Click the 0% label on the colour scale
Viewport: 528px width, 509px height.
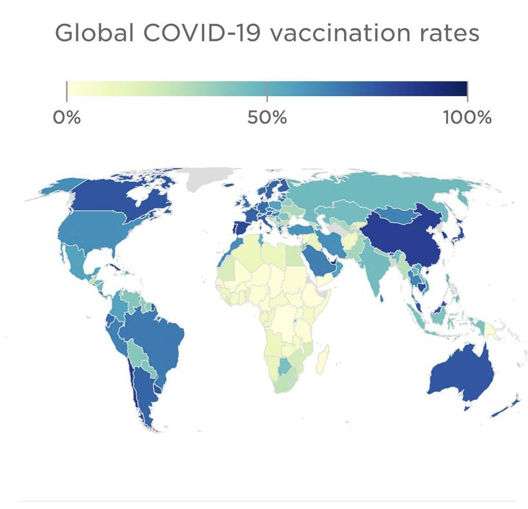[x=67, y=118]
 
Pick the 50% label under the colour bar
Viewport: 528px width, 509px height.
[x=267, y=118]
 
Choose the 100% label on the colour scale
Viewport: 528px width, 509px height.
[x=467, y=118]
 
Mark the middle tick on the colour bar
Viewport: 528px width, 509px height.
[x=267, y=90]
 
